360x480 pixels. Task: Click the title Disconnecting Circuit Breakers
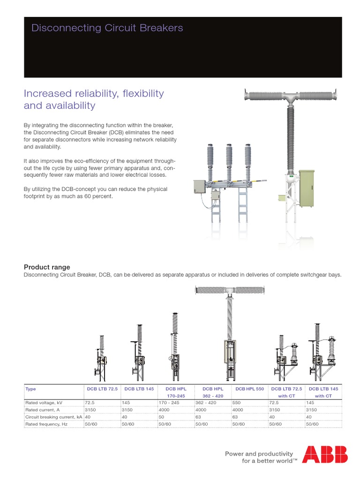pyautogui.click(x=107, y=28)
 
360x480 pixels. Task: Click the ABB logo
pyautogui.click(x=325, y=454)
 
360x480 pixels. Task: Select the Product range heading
pyautogui.click(x=47, y=267)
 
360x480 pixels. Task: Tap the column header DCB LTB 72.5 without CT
pyautogui.click(x=101, y=389)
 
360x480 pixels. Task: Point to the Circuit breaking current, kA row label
pyautogui.click(x=54, y=417)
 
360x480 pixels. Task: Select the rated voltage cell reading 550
pyautogui.click(x=237, y=402)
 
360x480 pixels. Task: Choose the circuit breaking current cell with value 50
pyautogui.click(x=162, y=417)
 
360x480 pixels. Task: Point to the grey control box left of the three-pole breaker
pyautogui.click(x=200, y=187)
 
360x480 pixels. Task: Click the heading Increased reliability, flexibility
pyautogui.click(x=94, y=93)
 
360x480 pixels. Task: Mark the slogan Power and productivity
pyautogui.click(x=259, y=454)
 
